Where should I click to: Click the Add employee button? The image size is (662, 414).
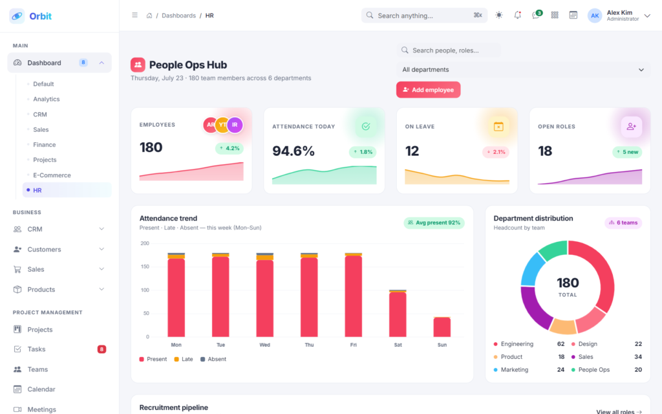428,89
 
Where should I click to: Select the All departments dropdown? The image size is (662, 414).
523,70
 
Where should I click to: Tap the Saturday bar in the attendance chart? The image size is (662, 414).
398,314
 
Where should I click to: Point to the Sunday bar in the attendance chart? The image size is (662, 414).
442,327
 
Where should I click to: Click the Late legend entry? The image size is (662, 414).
184,359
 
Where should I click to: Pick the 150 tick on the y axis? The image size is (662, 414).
145,267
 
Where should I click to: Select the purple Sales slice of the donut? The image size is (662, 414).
535,307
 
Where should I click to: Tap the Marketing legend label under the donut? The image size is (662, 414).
514,369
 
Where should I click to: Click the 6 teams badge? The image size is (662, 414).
623,223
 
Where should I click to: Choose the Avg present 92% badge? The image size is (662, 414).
434,223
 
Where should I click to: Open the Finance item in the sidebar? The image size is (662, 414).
45,144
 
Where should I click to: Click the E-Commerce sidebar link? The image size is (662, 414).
52,175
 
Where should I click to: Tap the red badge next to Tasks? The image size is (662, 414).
101,349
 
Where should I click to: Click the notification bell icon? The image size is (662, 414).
518,16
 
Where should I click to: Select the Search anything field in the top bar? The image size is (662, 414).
424,16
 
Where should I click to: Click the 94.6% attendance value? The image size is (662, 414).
294,151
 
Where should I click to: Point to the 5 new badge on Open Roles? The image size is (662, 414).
627,152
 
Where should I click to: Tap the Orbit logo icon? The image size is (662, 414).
17,16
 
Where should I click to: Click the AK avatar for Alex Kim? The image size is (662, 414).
595,16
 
